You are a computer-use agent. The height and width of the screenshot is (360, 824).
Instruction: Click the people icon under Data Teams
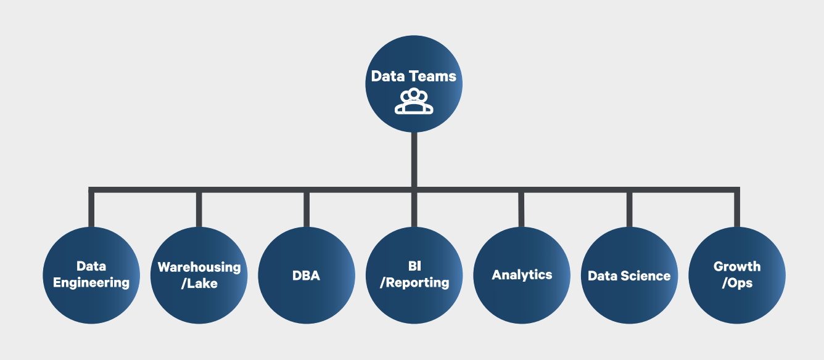point(414,102)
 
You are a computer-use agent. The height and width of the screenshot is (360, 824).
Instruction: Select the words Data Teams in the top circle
point(414,76)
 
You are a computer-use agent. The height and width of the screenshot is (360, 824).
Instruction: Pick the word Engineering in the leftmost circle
point(91,283)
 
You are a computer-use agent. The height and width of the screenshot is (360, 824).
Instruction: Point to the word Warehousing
point(199,267)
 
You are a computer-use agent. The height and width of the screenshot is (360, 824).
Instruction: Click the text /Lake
point(199,284)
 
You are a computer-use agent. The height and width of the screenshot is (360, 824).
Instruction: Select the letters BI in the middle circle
point(414,266)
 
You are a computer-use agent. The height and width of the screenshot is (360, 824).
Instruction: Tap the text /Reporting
point(414,283)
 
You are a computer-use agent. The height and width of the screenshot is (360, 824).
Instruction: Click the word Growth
point(737,266)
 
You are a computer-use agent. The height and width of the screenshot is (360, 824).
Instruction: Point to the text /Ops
point(737,283)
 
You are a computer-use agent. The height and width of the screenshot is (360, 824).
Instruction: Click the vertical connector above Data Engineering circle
point(91,208)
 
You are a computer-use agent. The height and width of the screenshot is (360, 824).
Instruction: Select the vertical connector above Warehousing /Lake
point(199,208)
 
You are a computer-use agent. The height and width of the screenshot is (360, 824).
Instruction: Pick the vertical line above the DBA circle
point(307,208)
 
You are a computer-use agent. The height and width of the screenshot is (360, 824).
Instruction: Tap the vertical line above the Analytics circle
point(522,208)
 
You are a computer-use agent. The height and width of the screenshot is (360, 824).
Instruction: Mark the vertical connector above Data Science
point(629,208)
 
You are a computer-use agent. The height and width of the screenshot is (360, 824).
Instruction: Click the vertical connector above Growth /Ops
point(736,208)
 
